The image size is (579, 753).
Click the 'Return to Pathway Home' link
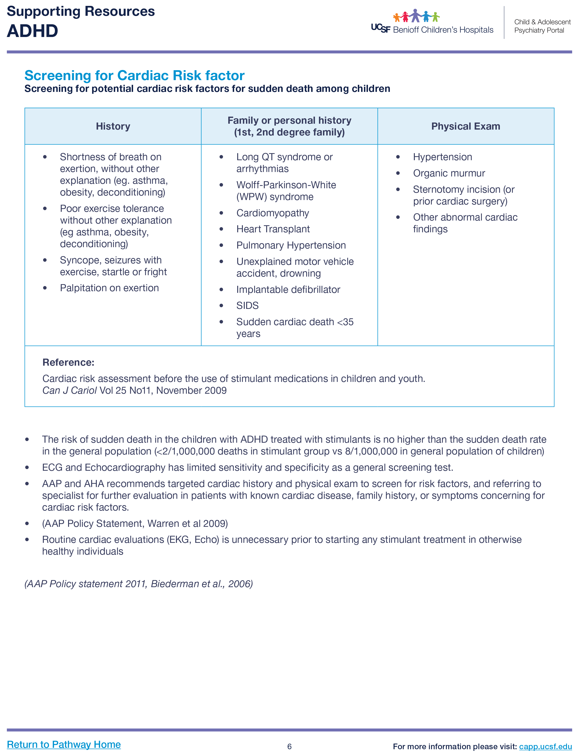pyautogui.click(x=64, y=744)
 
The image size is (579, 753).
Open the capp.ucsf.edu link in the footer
pyautogui.click(x=545, y=746)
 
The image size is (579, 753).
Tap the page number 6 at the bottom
pyautogui.click(x=289, y=746)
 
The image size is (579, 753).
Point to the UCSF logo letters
pyautogui.click(x=380, y=28)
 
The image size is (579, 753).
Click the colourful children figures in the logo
pyautogui.click(x=416, y=16)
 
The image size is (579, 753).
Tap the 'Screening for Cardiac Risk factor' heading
pyautogui.click(x=135, y=75)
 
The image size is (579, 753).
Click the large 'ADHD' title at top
pyautogui.click(x=33, y=31)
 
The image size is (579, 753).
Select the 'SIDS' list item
pyautogui.click(x=248, y=306)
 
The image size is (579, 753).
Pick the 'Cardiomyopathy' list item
pyautogui.click(x=273, y=213)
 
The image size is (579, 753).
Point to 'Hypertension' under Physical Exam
pyautogui.click(x=443, y=157)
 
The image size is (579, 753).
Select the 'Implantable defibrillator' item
pyautogui.click(x=288, y=290)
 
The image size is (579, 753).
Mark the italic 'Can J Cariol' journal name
pyautogui.click(x=69, y=390)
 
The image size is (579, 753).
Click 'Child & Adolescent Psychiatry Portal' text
pyautogui.click(x=542, y=26)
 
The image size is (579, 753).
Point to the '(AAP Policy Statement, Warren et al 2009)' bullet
pyautogui.click(x=135, y=524)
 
